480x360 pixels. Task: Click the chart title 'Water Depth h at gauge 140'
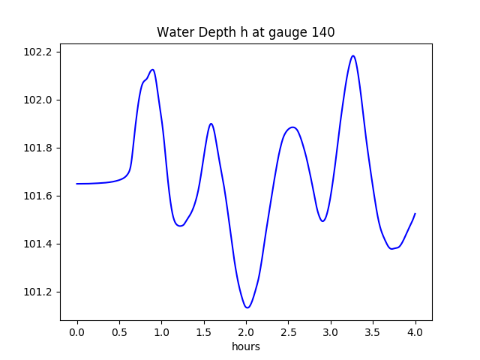pyautogui.click(x=245, y=32)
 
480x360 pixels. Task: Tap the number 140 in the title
pyautogui.click(x=324, y=32)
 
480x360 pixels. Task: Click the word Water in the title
pyautogui.click(x=172, y=32)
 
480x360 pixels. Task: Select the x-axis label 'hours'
pyautogui.click(x=246, y=347)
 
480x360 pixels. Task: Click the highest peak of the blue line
pyautogui.click(x=352, y=55)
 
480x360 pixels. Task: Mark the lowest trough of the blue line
pyautogui.click(x=247, y=307)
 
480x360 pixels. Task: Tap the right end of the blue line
pyautogui.click(x=415, y=214)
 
